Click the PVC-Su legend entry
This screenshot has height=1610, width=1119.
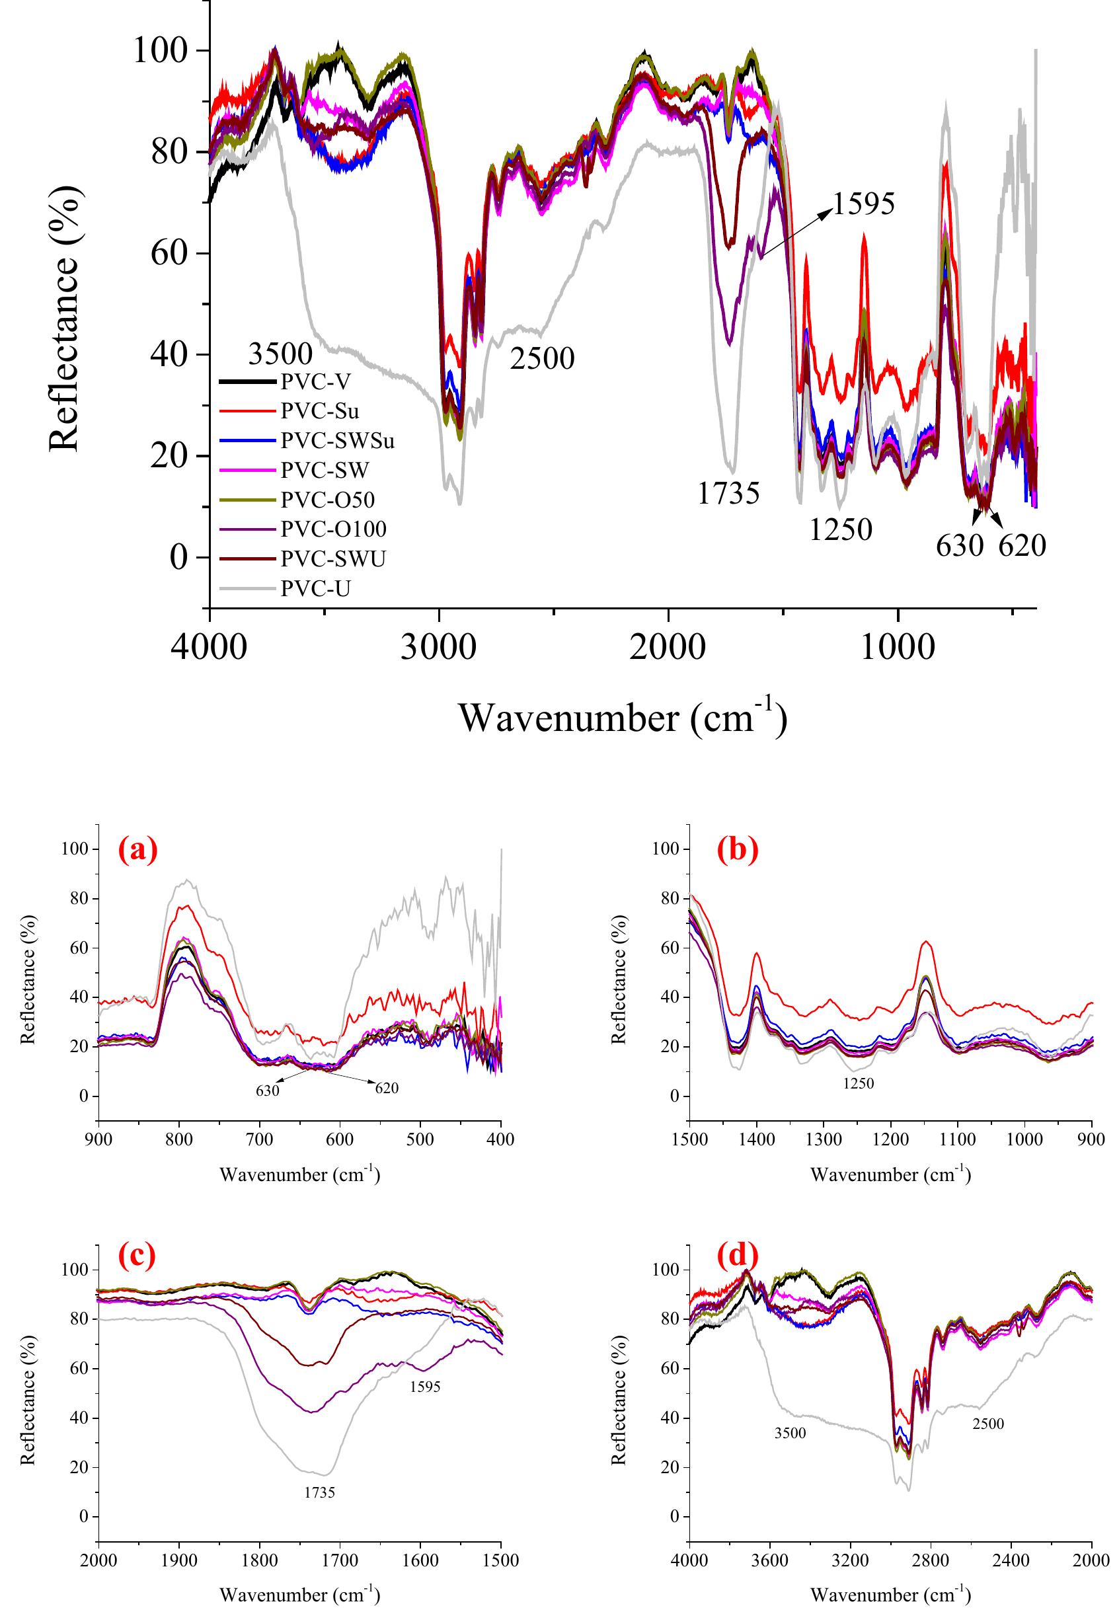coord(320,412)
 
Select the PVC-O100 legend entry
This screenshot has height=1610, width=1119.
coord(334,529)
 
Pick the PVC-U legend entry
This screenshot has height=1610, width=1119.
coord(315,588)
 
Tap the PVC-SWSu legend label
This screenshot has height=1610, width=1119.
coord(338,441)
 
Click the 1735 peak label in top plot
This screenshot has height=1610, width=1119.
coord(728,494)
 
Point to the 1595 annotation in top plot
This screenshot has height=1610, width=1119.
coord(863,204)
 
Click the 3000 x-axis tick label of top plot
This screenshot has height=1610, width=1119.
coord(438,647)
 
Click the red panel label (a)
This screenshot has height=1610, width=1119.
coord(137,849)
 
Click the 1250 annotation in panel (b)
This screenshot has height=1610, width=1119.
coord(858,1083)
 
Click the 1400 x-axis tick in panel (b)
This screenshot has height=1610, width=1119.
coord(757,1139)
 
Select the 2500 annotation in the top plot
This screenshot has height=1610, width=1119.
coord(542,359)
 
